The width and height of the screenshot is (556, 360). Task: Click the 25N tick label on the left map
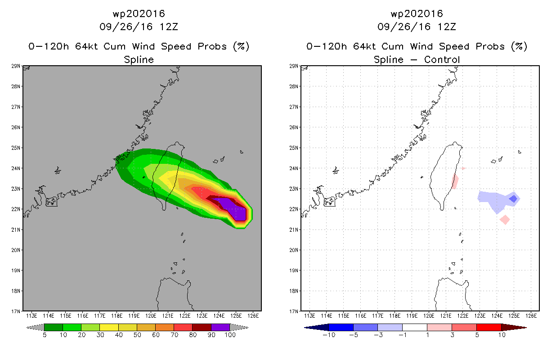[15, 148]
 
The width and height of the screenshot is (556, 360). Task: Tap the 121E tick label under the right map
[446, 316]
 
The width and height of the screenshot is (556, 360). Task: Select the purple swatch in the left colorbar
[220, 327]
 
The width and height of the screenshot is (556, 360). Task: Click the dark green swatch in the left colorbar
[54, 327]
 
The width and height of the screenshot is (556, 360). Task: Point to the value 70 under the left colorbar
[174, 335]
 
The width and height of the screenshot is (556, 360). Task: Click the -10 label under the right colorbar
[329, 335]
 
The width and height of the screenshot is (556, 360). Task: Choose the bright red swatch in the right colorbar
[489, 327]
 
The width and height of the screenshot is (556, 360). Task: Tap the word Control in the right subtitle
[442, 59]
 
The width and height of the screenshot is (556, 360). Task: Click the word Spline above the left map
[139, 59]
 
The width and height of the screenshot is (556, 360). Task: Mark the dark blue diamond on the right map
[513, 199]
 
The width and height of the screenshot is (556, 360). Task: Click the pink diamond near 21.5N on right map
[505, 220]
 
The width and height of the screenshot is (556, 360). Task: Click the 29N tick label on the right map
[293, 66]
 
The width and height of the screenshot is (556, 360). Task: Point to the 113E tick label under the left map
[31, 316]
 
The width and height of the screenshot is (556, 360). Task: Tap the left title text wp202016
[139, 13]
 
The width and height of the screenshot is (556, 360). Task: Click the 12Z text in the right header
[447, 27]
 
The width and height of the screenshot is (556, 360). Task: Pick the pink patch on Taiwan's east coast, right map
[455, 181]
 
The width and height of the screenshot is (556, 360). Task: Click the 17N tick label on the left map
[15, 311]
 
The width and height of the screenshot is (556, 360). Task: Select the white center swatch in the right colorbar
[414, 327]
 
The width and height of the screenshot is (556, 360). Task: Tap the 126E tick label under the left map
[253, 316]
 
